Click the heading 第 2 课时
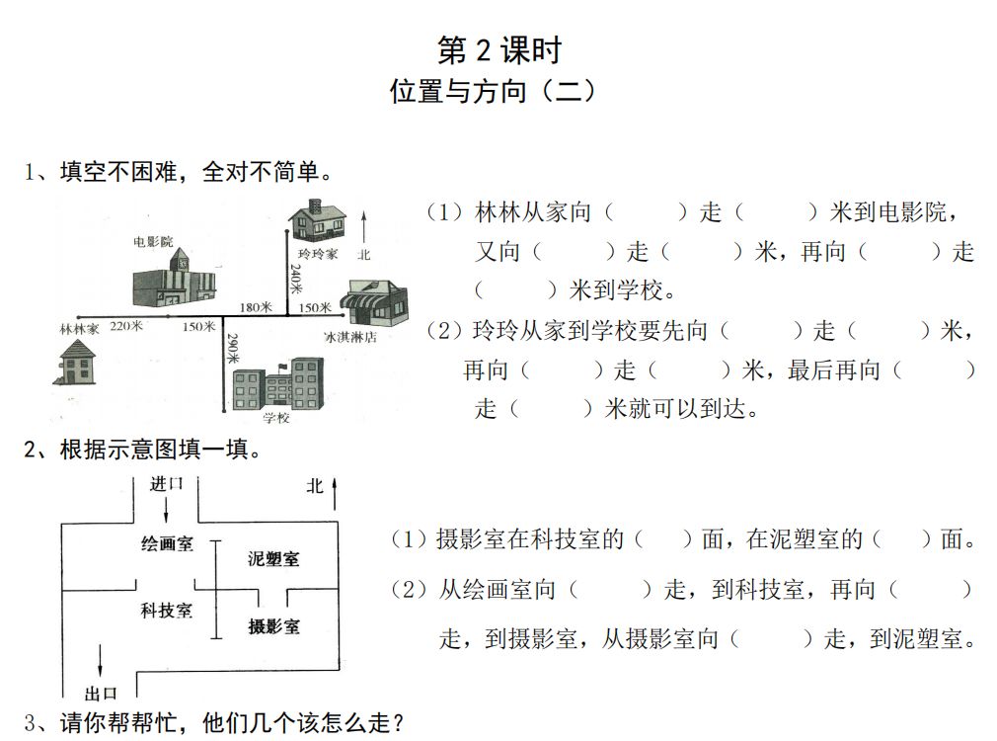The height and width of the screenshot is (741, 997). [498, 49]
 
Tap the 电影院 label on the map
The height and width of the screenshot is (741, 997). [153, 240]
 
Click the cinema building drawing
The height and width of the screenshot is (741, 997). [175, 279]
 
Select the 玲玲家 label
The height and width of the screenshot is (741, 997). [318, 254]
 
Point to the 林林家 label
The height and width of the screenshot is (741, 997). [79, 329]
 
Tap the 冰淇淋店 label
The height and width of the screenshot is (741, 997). [350, 336]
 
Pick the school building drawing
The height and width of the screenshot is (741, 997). [278, 384]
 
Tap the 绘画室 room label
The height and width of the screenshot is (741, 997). [167, 544]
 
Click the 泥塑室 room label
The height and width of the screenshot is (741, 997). [273, 559]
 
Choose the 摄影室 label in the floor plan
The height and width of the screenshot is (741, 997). [273, 625]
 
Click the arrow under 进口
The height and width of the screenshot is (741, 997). [166, 509]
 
